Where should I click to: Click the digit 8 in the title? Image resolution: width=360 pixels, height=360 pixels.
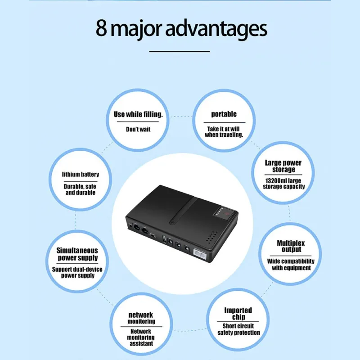[x=102, y=28]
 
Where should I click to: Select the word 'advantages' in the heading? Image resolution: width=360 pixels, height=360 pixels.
[x=216, y=29]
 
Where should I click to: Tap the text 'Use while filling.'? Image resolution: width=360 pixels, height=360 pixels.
[x=138, y=114]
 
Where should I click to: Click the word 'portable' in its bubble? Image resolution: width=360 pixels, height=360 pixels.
[x=224, y=114]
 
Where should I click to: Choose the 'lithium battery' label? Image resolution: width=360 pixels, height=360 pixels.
[x=81, y=175]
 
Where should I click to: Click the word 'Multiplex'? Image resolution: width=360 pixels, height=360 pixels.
[x=291, y=243]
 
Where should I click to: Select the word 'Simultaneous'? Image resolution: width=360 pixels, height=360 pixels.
[x=77, y=251]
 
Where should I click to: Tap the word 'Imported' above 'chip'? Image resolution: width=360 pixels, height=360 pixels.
[x=238, y=310]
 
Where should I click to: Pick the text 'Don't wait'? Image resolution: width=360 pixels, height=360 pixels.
[x=138, y=130]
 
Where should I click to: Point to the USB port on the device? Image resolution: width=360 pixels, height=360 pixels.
[x=164, y=239]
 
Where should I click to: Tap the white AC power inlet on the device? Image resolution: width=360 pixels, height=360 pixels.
[x=199, y=254]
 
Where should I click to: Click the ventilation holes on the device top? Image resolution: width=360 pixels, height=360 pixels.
[x=211, y=237]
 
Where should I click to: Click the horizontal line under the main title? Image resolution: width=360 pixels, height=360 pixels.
[x=180, y=51]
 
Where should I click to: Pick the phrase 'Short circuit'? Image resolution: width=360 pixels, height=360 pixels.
[x=238, y=326]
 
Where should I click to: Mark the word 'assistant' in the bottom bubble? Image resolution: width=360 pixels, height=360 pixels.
[x=141, y=344]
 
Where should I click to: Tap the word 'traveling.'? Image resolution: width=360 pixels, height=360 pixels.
[x=232, y=135]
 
